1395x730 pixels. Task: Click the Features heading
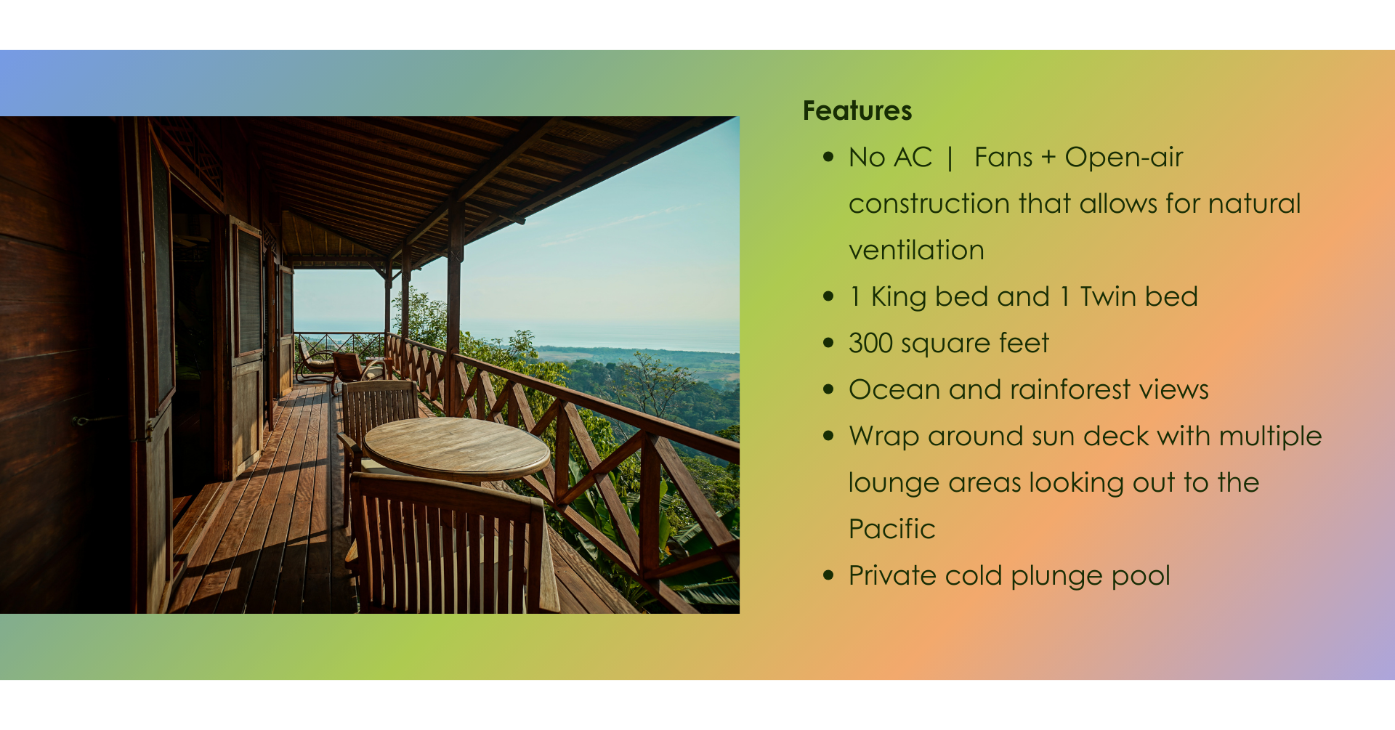pyautogui.click(x=857, y=111)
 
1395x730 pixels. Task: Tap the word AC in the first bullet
pyautogui.click(x=913, y=158)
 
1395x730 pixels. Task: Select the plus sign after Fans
pyautogui.click(x=1048, y=158)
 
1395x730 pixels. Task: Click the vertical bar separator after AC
pyautogui.click(x=950, y=158)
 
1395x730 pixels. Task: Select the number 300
pyautogui.click(x=870, y=344)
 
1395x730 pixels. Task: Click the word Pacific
pyautogui.click(x=892, y=530)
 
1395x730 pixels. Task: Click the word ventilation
pyautogui.click(x=916, y=251)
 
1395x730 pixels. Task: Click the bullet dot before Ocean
pyautogui.click(x=828, y=390)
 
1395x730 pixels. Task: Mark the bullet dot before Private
pyautogui.click(x=828, y=576)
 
